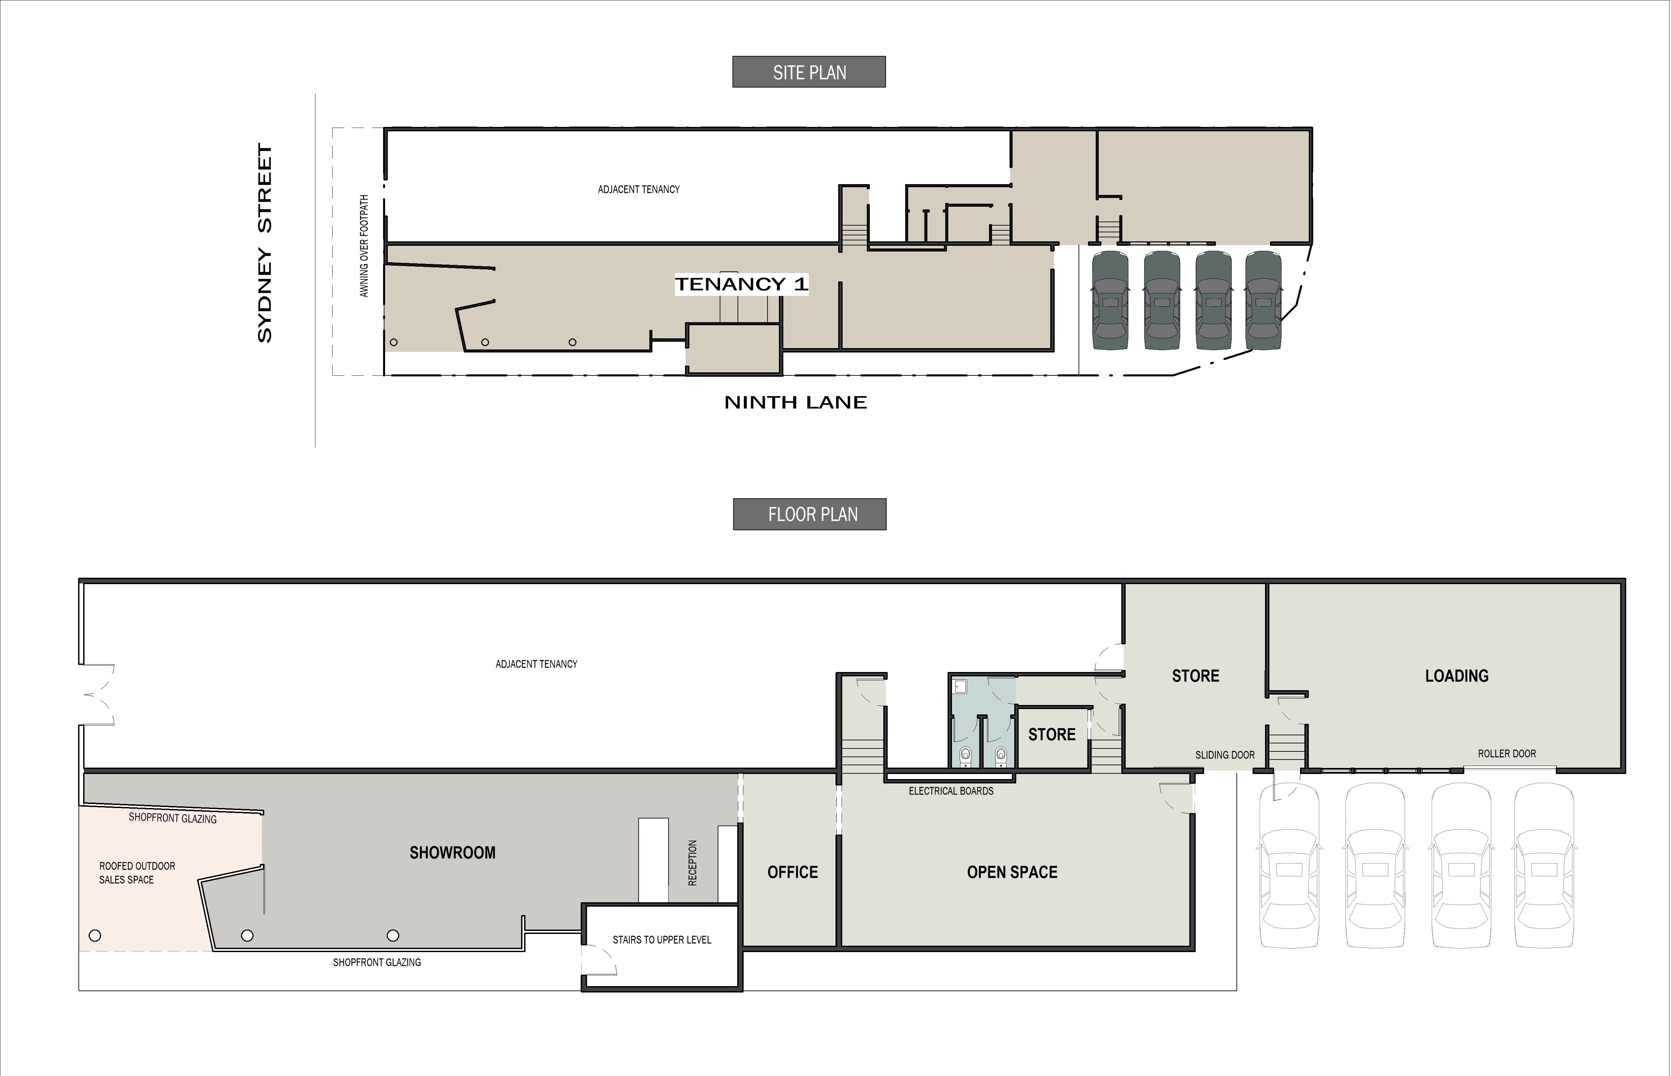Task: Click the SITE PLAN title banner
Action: tap(809, 72)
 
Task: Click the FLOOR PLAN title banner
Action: tap(810, 514)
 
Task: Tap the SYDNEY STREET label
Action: tap(265, 243)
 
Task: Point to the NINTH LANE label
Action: tap(796, 402)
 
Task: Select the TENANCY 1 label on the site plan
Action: tap(741, 284)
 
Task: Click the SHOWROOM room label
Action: tap(453, 852)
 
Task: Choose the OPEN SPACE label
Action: tap(1012, 872)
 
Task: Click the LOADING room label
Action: tap(1457, 676)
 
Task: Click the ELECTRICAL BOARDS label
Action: tap(951, 791)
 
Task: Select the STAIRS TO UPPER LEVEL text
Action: tap(661, 940)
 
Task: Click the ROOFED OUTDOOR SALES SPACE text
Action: tap(137, 873)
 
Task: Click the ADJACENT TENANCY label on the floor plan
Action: tap(537, 664)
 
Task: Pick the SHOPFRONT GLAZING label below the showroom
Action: tap(377, 962)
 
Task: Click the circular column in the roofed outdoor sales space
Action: tap(95, 936)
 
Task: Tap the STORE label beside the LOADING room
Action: tap(1195, 676)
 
